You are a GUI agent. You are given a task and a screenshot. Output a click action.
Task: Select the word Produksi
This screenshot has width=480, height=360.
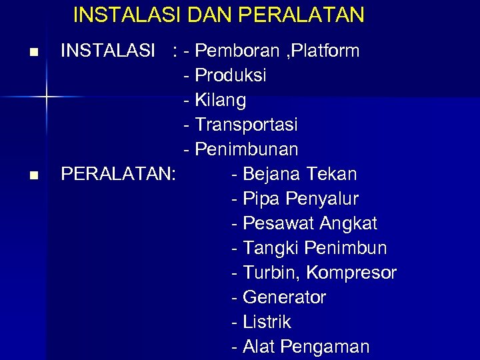(x=231, y=75)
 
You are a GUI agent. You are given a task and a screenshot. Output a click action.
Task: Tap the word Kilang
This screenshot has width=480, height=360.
(x=221, y=100)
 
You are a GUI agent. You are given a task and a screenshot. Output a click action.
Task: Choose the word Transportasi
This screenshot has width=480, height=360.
(x=247, y=125)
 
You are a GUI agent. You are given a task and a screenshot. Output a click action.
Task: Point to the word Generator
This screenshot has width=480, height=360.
(x=285, y=297)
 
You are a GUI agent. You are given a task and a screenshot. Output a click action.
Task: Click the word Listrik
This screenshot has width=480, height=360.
(x=267, y=322)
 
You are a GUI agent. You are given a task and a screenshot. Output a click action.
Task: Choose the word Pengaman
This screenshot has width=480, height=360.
(x=325, y=347)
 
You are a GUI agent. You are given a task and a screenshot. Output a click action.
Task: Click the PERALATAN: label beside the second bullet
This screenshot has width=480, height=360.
(x=119, y=174)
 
